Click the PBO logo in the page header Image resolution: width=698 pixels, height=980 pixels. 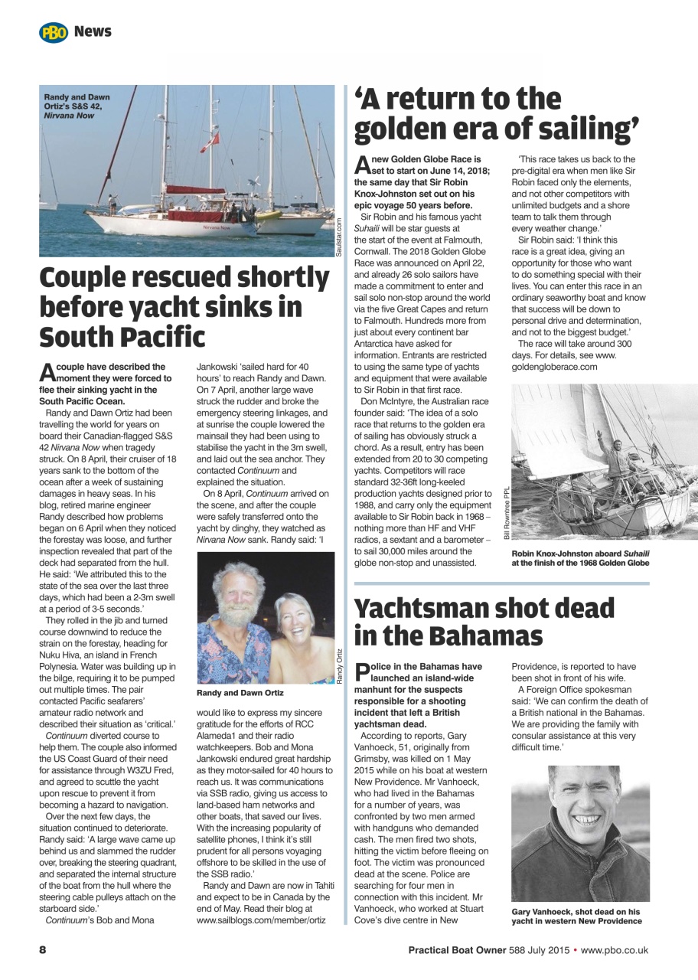[x=54, y=32]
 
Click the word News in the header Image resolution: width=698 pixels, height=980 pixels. [x=93, y=31]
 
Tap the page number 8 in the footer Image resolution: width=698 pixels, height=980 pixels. [x=44, y=950]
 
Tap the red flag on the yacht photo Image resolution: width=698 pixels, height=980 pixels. [x=204, y=139]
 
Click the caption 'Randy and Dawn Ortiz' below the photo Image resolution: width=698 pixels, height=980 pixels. [x=240, y=693]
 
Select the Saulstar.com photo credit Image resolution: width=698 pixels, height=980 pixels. [x=340, y=237]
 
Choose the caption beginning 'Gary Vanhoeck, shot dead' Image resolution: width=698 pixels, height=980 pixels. [x=576, y=916]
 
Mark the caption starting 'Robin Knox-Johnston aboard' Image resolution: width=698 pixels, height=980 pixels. [x=580, y=557]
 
